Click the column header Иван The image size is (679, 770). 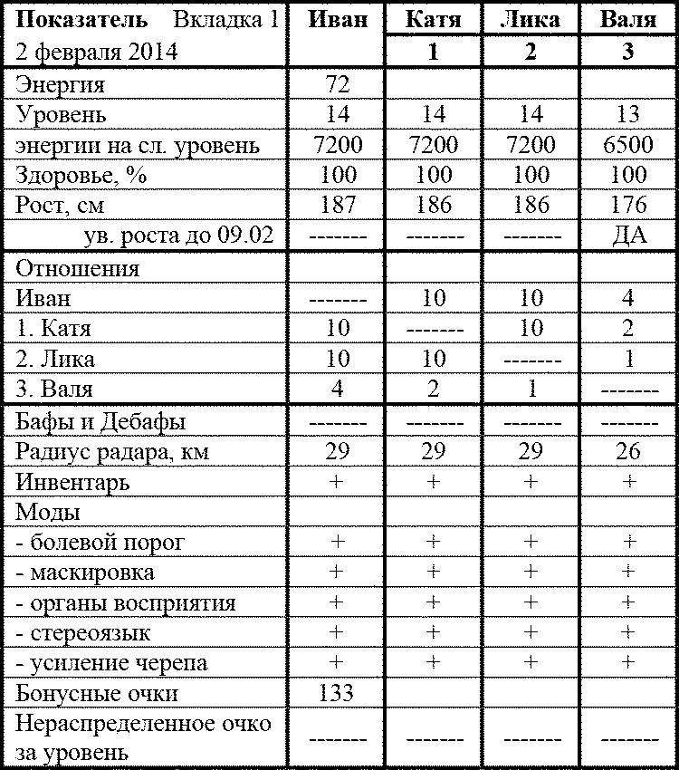click(337, 19)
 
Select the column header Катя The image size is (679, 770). click(433, 19)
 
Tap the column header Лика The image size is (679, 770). click(530, 19)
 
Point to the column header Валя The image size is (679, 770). click(628, 19)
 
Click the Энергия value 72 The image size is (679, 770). click(337, 85)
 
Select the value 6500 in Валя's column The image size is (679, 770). click(628, 145)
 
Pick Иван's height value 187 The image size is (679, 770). click(337, 205)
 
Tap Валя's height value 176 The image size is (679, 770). click(628, 205)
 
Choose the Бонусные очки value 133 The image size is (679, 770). click(337, 694)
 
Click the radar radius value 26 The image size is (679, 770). click(628, 452)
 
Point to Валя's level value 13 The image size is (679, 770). click(628, 115)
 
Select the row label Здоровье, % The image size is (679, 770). click(81, 175)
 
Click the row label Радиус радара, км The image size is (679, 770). click(112, 452)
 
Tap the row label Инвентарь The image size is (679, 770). click(72, 483)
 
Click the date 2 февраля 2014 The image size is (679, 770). click(97, 52)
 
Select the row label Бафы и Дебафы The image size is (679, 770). click(101, 422)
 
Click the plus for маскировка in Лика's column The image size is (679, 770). click(530, 573)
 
